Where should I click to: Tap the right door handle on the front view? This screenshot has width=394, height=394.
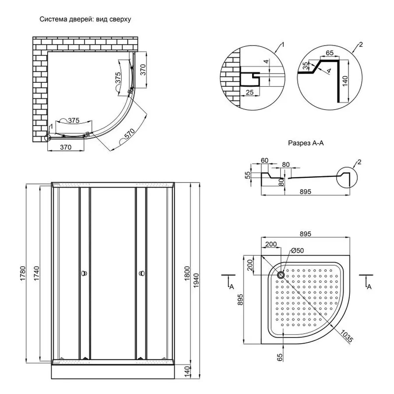[x=141, y=274]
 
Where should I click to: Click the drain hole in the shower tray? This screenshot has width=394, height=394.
[x=280, y=275]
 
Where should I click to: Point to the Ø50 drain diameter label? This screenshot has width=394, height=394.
[x=297, y=251]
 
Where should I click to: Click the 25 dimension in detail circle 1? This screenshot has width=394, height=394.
[x=250, y=92]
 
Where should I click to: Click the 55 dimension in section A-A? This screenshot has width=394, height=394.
[x=248, y=175]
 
